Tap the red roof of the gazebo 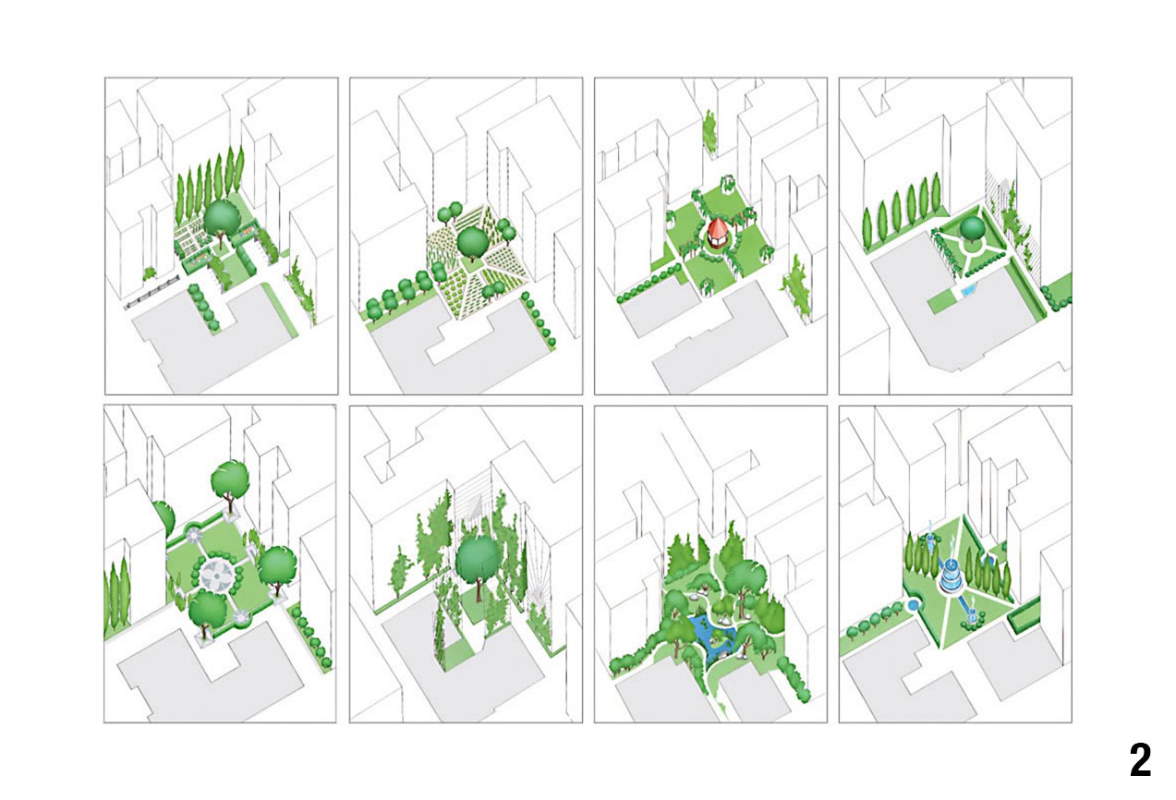pos(716,229)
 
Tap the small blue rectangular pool pos(967,289)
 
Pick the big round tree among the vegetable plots pos(472,244)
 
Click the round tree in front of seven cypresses pos(221,221)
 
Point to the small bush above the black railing pos(150,273)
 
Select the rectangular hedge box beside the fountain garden pos(1024,615)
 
